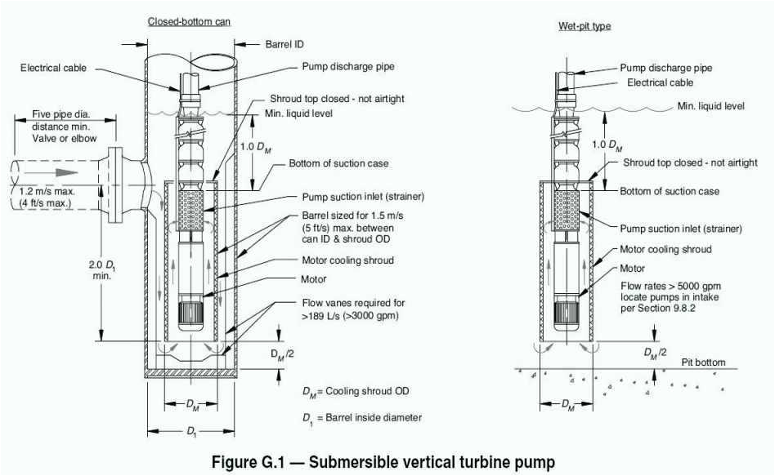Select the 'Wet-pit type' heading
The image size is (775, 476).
578,26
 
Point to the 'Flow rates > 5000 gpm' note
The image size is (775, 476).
661,287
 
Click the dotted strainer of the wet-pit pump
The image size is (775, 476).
567,207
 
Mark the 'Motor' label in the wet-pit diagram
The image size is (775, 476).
632,268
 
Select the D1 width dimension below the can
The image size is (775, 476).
191,431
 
